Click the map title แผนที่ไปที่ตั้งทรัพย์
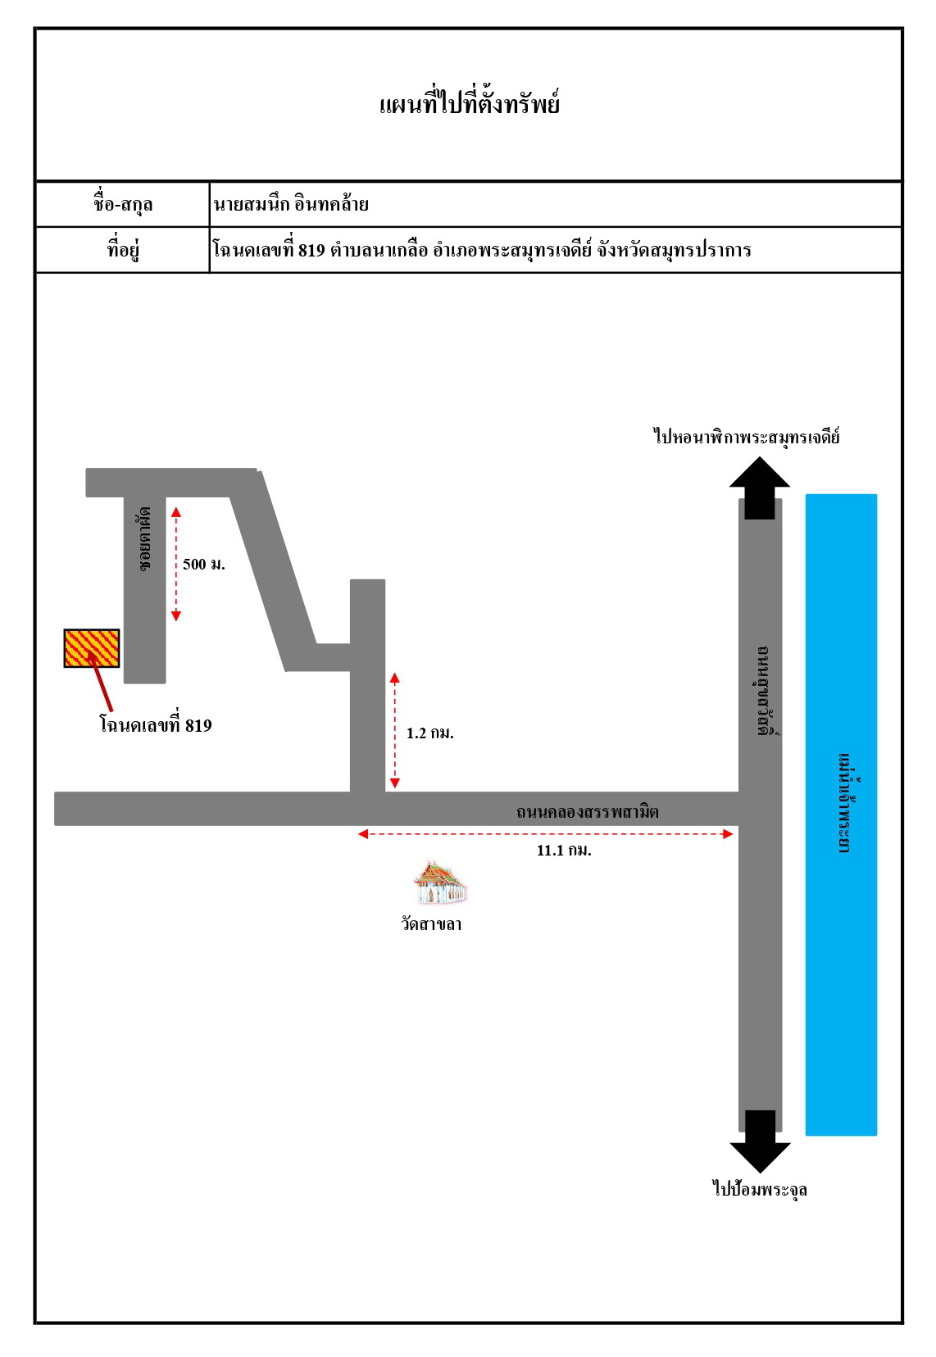tap(470, 103)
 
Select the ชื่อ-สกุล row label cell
tap(122, 204)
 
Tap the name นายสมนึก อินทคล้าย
tap(291, 204)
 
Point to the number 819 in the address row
tap(311, 250)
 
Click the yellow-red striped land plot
tap(92, 648)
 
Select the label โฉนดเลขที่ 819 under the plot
tap(156, 725)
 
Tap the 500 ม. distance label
tap(203, 564)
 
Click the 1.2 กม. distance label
tap(429, 733)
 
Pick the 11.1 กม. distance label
tap(563, 851)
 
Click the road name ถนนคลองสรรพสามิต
tap(587, 811)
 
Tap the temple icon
tap(440, 883)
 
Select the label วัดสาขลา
tap(431, 924)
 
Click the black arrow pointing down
tap(760, 1141)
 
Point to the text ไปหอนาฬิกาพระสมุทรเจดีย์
tap(747, 436)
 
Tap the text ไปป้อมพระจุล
tap(760, 1188)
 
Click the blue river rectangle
tap(841, 815)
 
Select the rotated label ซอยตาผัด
tap(144, 538)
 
